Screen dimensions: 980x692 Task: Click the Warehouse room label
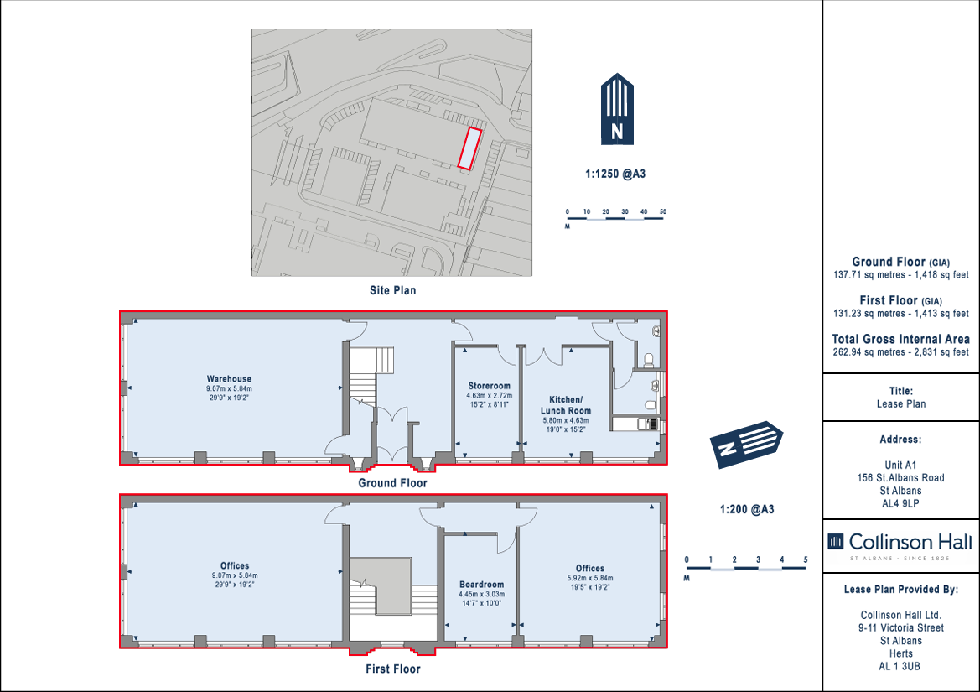[230, 379]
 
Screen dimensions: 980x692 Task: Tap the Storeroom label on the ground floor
[490, 387]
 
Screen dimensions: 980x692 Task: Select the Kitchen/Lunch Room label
[566, 405]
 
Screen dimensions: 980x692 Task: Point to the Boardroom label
[481, 585]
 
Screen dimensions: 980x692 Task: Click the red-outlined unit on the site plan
[469, 148]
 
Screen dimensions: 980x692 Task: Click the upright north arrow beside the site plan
[617, 109]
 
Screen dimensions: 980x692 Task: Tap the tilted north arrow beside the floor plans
[745, 444]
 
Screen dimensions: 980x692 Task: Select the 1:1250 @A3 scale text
[615, 174]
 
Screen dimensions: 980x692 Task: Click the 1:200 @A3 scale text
[747, 509]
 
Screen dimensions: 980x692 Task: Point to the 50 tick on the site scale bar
[663, 212]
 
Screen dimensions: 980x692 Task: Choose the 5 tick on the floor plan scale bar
[806, 560]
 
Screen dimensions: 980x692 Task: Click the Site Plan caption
[392, 291]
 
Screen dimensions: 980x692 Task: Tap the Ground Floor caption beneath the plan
[392, 483]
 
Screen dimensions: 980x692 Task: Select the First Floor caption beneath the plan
[393, 669]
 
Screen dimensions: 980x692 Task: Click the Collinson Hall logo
[900, 545]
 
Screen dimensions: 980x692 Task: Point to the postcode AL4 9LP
[900, 504]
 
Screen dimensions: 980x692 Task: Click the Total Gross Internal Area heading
[900, 340]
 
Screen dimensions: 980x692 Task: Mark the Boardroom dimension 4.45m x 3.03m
[481, 595]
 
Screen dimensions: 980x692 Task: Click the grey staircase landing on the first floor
[380, 585]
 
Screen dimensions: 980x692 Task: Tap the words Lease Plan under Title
[900, 404]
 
